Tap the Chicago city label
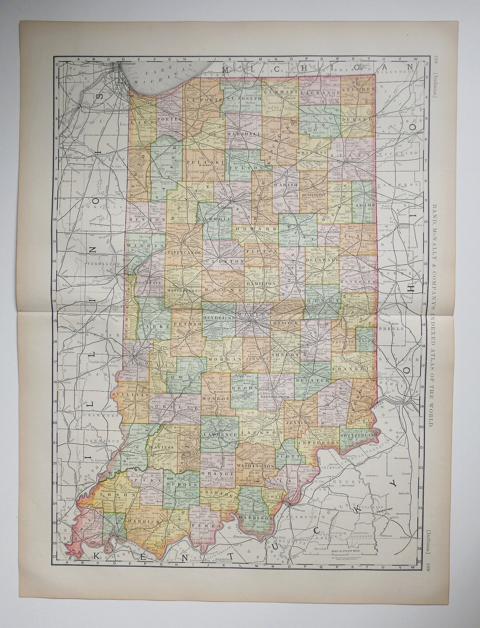click(x=126, y=67)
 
